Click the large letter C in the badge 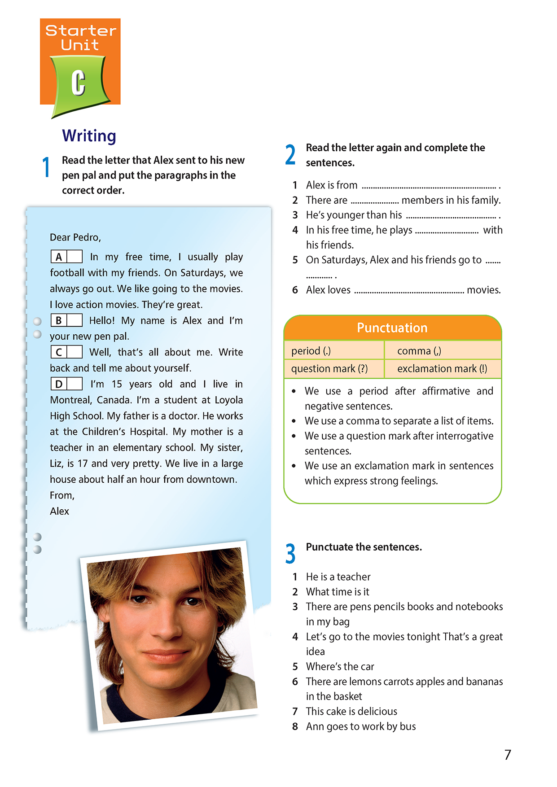point(78,83)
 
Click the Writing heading point(89,136)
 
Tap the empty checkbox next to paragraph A point(75,257)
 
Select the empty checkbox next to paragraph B point(75,320)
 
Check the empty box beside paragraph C point(75,352)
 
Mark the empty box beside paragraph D point(75,384)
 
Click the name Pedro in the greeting point(87,237)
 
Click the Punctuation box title point(392,328)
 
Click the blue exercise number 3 point(290,553)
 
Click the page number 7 point(508,755)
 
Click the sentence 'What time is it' point(338,592)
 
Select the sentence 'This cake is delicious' point(351,712)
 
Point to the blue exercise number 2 point(290,155)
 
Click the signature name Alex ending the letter point(59,512)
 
